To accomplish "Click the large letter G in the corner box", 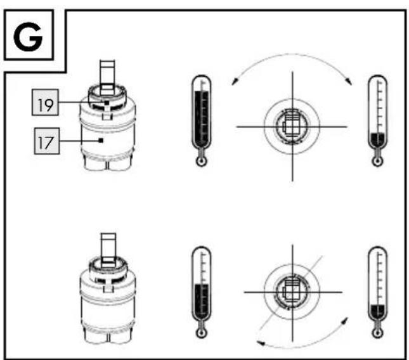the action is coord(28,37).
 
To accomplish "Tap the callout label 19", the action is coord(45,103).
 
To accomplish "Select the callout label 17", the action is coord(47,141).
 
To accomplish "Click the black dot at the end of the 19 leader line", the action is coord(107,103).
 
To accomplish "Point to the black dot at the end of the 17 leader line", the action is coord(101,141).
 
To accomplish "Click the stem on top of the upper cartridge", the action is coord(107,75).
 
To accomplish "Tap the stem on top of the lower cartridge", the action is coord(108,249).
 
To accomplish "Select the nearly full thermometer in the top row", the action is coord(202,120).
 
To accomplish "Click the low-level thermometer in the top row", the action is coord(377,120).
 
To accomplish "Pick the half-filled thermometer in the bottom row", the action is coord(202,292).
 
